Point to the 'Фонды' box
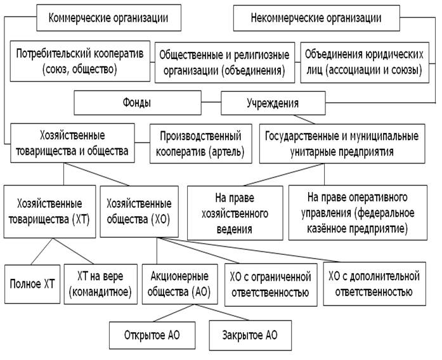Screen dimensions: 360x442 [x=138, y=101]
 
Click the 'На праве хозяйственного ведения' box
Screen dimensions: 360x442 [x=234, y=212]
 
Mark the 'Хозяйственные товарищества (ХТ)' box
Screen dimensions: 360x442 [x=49, y=212]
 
